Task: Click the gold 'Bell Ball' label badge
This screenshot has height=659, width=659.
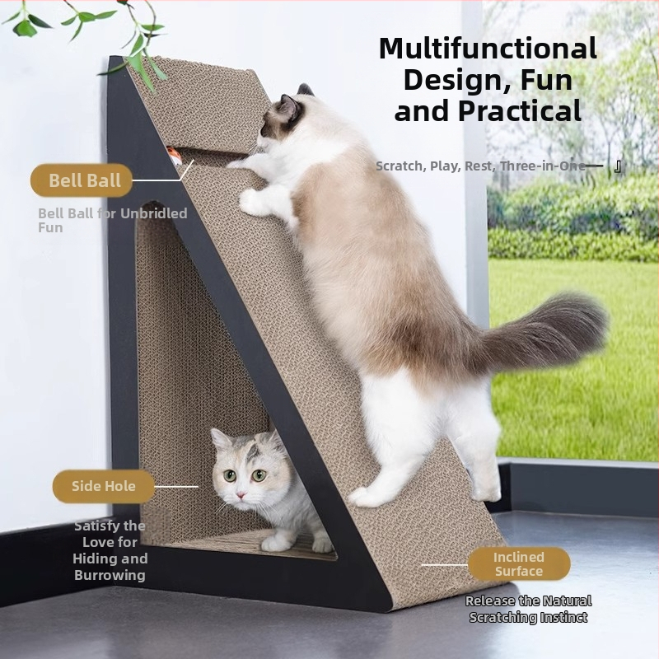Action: click(x=82, y=180)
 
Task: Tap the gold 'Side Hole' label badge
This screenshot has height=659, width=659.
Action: click(x=104, y=486)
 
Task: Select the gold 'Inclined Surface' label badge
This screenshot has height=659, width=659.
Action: click(x=519, y=564)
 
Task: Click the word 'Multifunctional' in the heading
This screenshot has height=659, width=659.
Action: click(x=488, y=49)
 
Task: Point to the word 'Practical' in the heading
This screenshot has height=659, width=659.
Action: click(x=520, y=111)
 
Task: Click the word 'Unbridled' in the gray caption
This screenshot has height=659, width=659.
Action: click(x=154, y=213)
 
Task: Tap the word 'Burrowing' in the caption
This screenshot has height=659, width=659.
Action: click(x=110, y=575)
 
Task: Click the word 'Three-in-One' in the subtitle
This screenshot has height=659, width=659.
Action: click(x=543, y=166)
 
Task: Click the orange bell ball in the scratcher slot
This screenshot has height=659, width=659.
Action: click(x=174, y=156)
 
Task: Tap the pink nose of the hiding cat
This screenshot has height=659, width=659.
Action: click(x=241, y=494)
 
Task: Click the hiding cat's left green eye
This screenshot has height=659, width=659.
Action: click(x=230, y=476)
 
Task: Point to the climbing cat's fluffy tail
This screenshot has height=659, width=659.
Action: click(x=542, y=332)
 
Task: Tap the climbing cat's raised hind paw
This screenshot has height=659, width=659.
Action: click(x=485, y=488)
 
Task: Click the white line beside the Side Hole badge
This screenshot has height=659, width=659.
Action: click(x=176, y=487)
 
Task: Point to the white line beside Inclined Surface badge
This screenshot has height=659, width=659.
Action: click(x=444, y=565)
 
